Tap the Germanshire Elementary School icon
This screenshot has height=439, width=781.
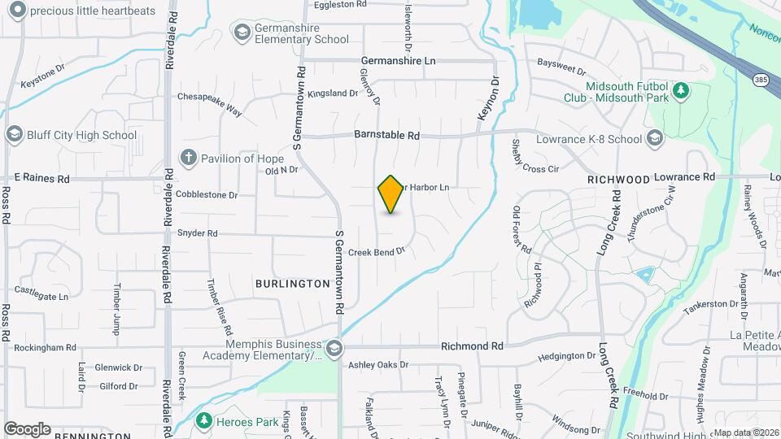click(241, 32)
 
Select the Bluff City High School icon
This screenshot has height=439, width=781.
click(14, 134)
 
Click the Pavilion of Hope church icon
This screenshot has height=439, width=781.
click(188, 158)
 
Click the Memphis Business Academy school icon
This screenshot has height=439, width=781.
click(333, 349)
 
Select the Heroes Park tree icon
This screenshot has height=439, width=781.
click(203, 421)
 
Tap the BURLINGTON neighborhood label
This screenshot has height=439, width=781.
click(292, 284)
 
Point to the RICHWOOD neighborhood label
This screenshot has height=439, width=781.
click(619, 179)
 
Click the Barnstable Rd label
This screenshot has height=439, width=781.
click(386, 136)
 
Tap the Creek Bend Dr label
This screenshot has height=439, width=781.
click(377, 252)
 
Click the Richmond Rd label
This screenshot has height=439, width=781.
click(472, 346)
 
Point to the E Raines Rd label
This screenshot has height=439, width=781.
click(42, 177)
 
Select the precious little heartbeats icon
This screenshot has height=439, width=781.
click(15, 10)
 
